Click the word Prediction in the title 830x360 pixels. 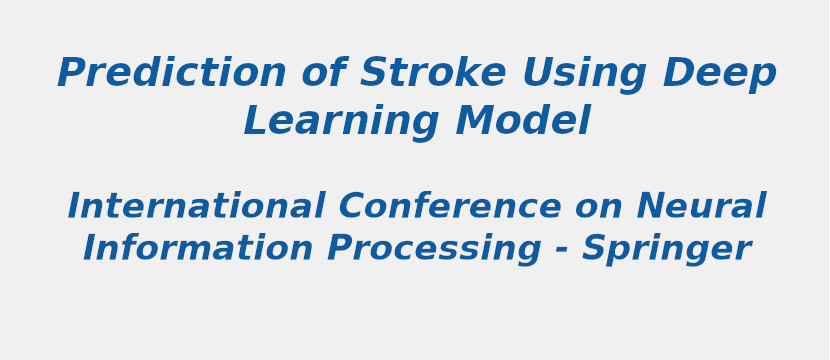pyautogui.click(x=171, y=74)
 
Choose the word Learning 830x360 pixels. pyautogui.click(x=341, y=123)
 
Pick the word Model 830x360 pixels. pyautogui.click(x=522, y=122)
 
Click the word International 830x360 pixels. pyautogui.click(x=196, y=207)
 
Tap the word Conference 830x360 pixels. pyautogui.click(x=450, y=207)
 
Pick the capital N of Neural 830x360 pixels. pyautogui.click(x=652, y=207)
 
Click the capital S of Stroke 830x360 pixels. pyautogui.click(x=373, y=74)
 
